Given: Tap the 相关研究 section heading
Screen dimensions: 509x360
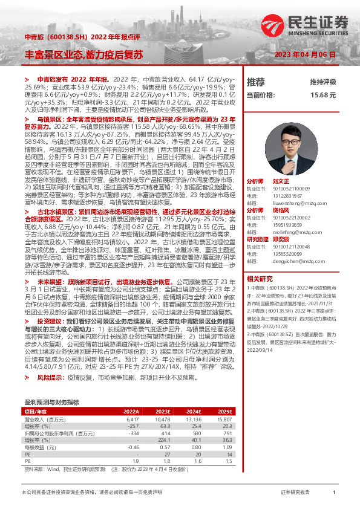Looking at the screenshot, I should (x=260, y=279).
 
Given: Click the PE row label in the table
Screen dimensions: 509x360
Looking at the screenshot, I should (x=28, y=454).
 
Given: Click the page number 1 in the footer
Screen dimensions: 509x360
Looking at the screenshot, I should (x=334, y=493).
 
